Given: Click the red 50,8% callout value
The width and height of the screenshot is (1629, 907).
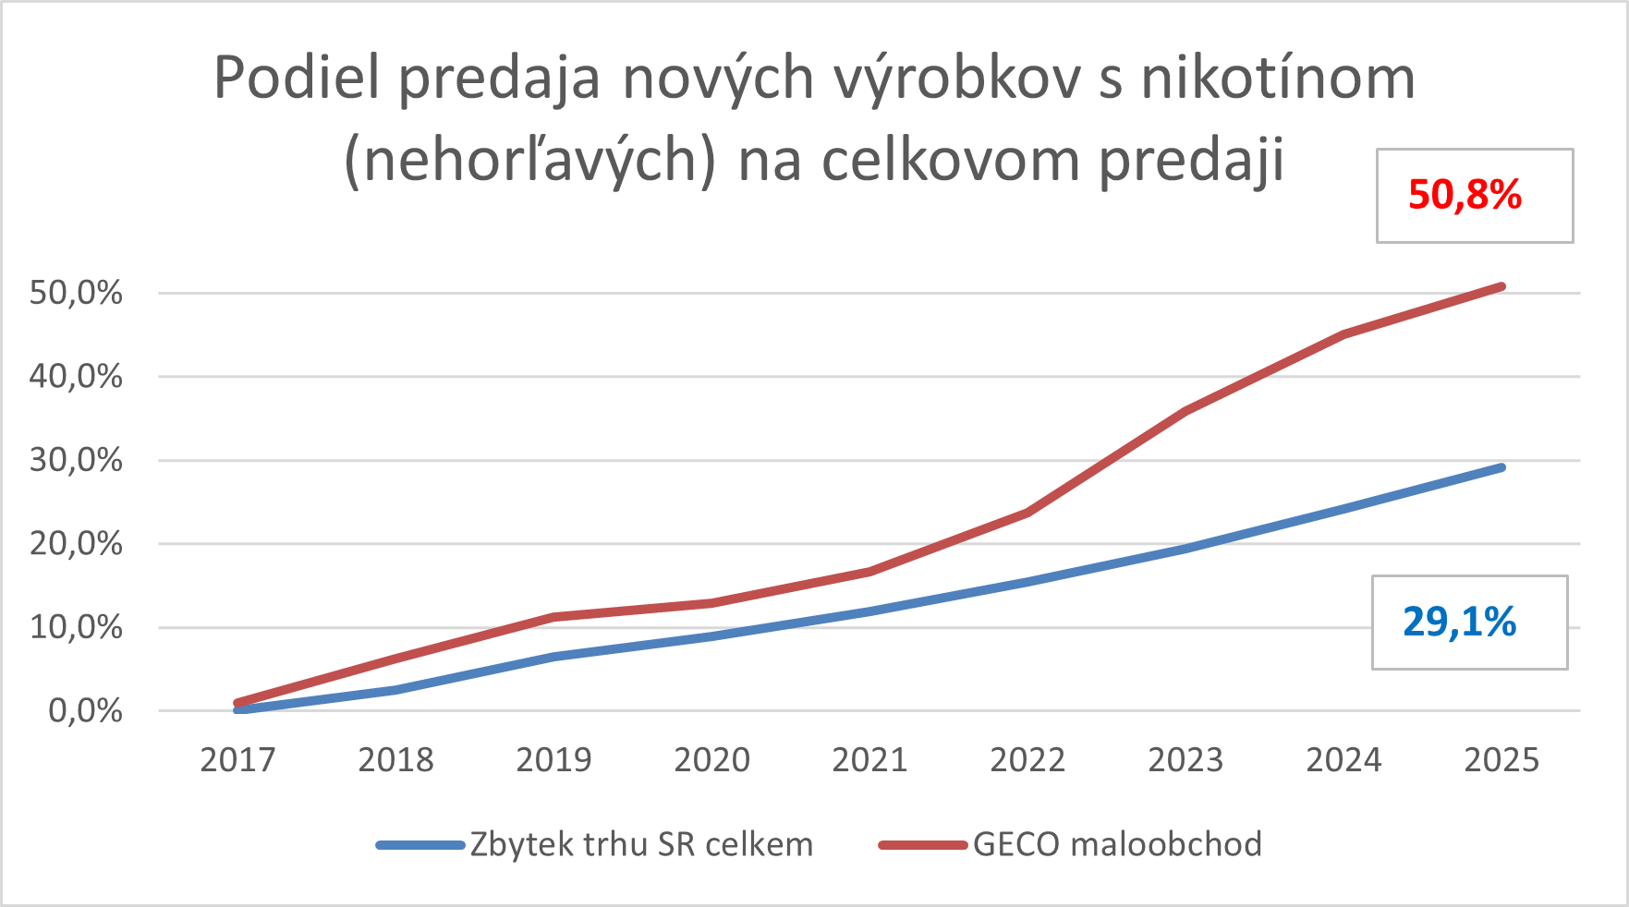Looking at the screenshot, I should [1465, 196].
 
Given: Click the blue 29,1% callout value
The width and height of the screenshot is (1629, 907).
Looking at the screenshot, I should [1459, 623].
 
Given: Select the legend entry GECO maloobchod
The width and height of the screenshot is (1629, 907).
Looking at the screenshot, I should [1116, 844].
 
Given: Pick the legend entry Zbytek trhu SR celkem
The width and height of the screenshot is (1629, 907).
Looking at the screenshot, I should [641, 844].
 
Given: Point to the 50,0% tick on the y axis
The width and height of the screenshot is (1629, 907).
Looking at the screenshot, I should [76, 294].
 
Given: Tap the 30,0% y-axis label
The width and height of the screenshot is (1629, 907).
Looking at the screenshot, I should [76, 460].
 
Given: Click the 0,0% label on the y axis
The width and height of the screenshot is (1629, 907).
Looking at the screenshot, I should [85, 711].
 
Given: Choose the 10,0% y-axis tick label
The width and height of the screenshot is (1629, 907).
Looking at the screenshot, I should [76, 628].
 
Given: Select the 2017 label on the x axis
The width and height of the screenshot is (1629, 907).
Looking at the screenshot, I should [237, 760].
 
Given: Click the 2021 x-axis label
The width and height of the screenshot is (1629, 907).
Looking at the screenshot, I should [869, 760].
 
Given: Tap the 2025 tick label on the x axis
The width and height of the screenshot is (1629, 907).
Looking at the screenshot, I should [1501, 760].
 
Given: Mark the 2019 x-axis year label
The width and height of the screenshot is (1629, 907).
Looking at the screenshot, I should [553, 760].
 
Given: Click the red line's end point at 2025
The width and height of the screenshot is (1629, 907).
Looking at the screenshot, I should [1501, 286].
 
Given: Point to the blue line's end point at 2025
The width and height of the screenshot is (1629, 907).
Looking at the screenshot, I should [1501, 467].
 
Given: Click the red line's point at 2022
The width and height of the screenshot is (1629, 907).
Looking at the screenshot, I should [1027, 513].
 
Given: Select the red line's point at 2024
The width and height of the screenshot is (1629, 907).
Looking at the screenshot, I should [1343, 333].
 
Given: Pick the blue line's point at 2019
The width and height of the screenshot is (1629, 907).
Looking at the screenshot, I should [553, 657].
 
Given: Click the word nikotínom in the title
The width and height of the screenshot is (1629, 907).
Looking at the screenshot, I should [1278, 78].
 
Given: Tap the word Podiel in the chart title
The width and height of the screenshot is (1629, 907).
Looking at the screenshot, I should [297, 78].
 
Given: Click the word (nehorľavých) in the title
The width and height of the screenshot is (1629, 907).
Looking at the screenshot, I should [529, 161].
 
